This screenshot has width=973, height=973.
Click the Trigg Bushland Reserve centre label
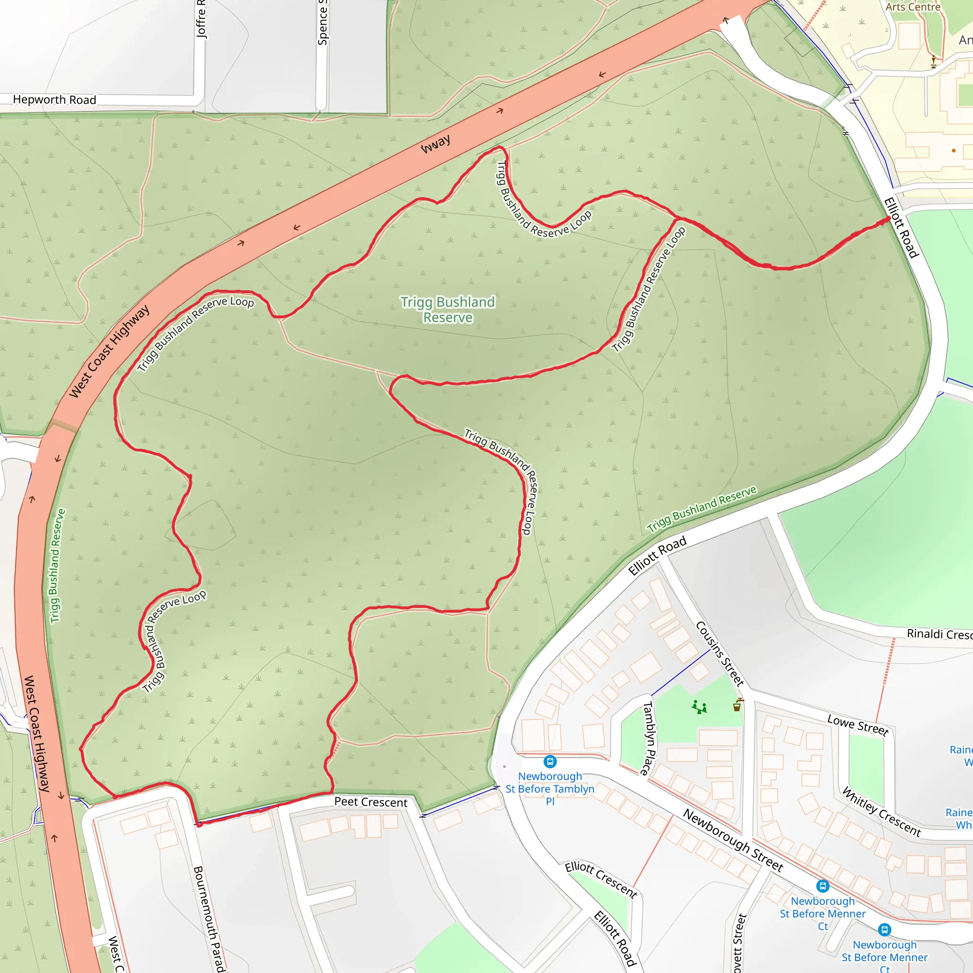tap(448, 309)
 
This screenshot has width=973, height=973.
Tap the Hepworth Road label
tap(54, 100)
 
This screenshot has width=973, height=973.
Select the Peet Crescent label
tap(371, 802)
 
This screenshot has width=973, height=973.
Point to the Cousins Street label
tap(720, 653)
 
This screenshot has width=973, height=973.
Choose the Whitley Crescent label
tap(881, 812)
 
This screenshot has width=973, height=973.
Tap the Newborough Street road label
tap(733, 839)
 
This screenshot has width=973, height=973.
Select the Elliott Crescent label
tap(601, 879)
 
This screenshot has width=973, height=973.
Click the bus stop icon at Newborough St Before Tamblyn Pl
tap(550, 762)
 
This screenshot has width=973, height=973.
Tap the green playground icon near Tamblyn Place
tap(699, 707)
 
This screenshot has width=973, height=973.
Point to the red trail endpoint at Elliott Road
tap(888, 219)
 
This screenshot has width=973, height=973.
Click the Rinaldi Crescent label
tap(939, 634)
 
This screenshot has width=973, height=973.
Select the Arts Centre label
tap(913, 7)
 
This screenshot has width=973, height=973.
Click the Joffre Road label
tap(201, 19)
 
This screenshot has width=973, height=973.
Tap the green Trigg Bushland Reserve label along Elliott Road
tap(701, 509)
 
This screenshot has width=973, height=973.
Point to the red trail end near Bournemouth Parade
tap(199, 824)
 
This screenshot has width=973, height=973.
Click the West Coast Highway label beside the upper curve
tap(109, 351)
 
